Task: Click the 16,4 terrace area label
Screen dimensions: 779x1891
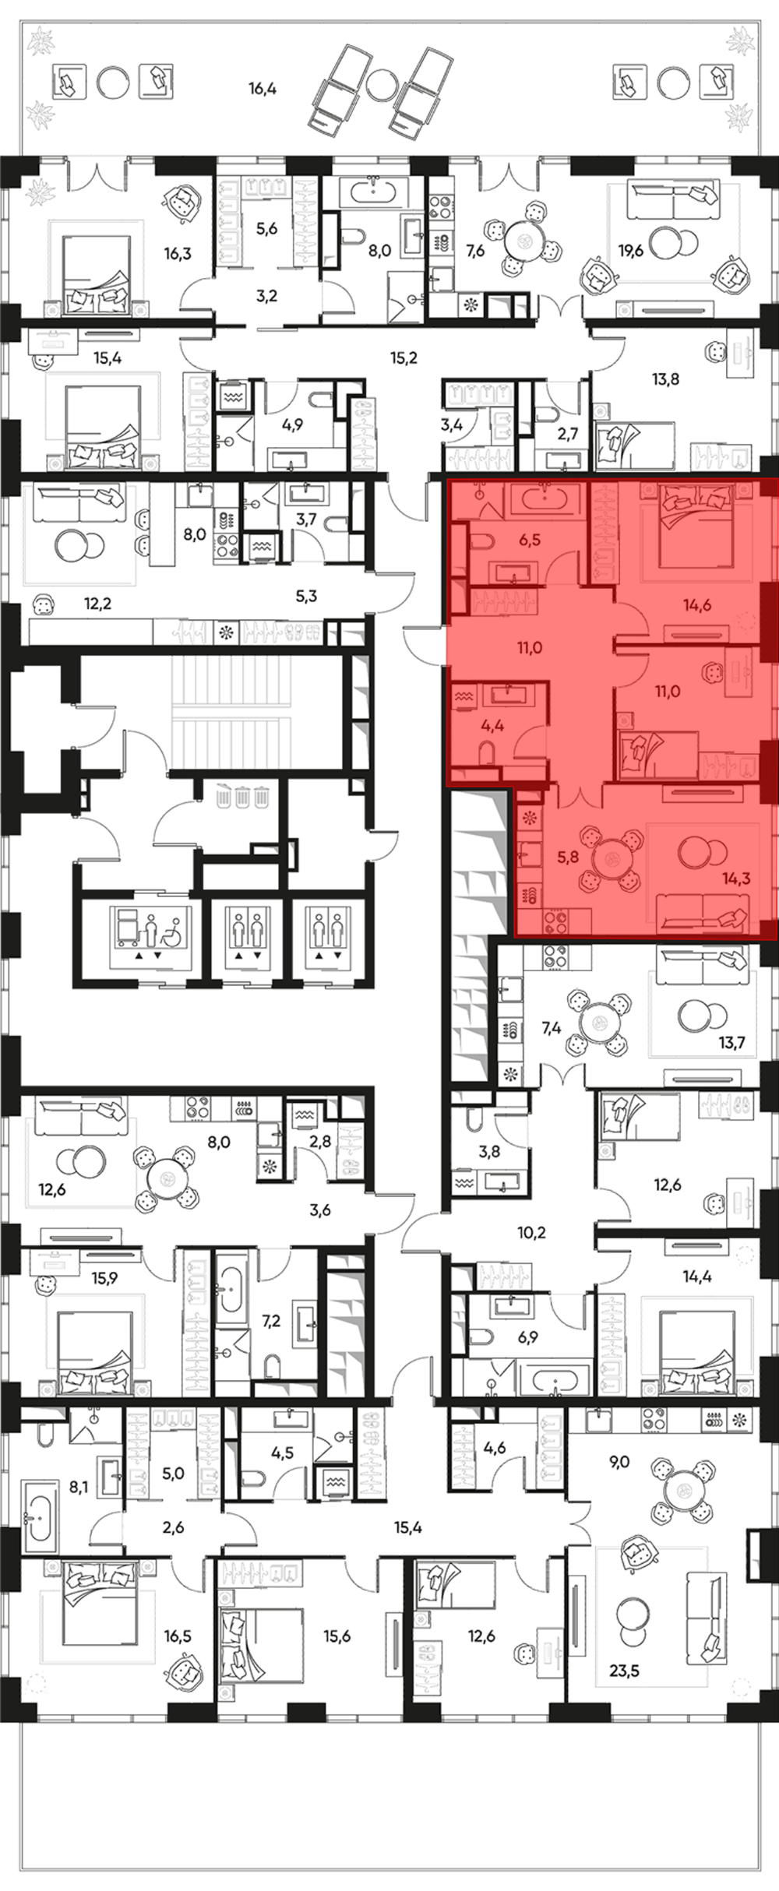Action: tap(263, 89)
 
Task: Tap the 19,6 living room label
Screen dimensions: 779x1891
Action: tap(631, 251)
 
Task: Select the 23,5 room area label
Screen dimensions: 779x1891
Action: tap(625, 1670)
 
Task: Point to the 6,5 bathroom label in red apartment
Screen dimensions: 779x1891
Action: tap(530, 540)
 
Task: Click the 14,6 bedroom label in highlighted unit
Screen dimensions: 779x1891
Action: tap(697, 605)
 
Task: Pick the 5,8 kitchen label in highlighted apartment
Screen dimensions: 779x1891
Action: tap(568, 857)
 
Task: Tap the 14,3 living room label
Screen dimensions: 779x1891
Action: tap(736, 879)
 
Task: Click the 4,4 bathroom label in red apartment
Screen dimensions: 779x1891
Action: tap(492, 725)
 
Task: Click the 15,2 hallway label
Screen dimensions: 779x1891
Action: tap(404, 358)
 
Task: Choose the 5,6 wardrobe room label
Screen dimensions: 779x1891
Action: tap(267, 229)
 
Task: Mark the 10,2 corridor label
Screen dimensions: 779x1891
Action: tap(531, 1233)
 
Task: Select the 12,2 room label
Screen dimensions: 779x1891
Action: tap(97, 604)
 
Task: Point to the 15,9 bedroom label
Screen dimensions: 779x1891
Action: tap(104, 1278)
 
